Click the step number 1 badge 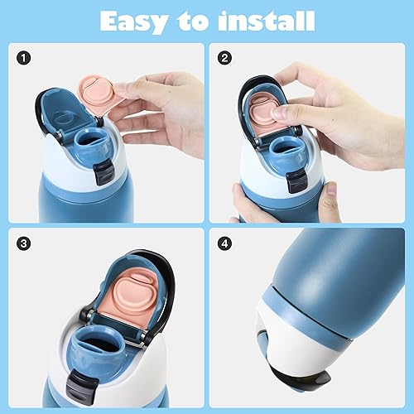tap(25, 60)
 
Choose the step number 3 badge tap(25, 244)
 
